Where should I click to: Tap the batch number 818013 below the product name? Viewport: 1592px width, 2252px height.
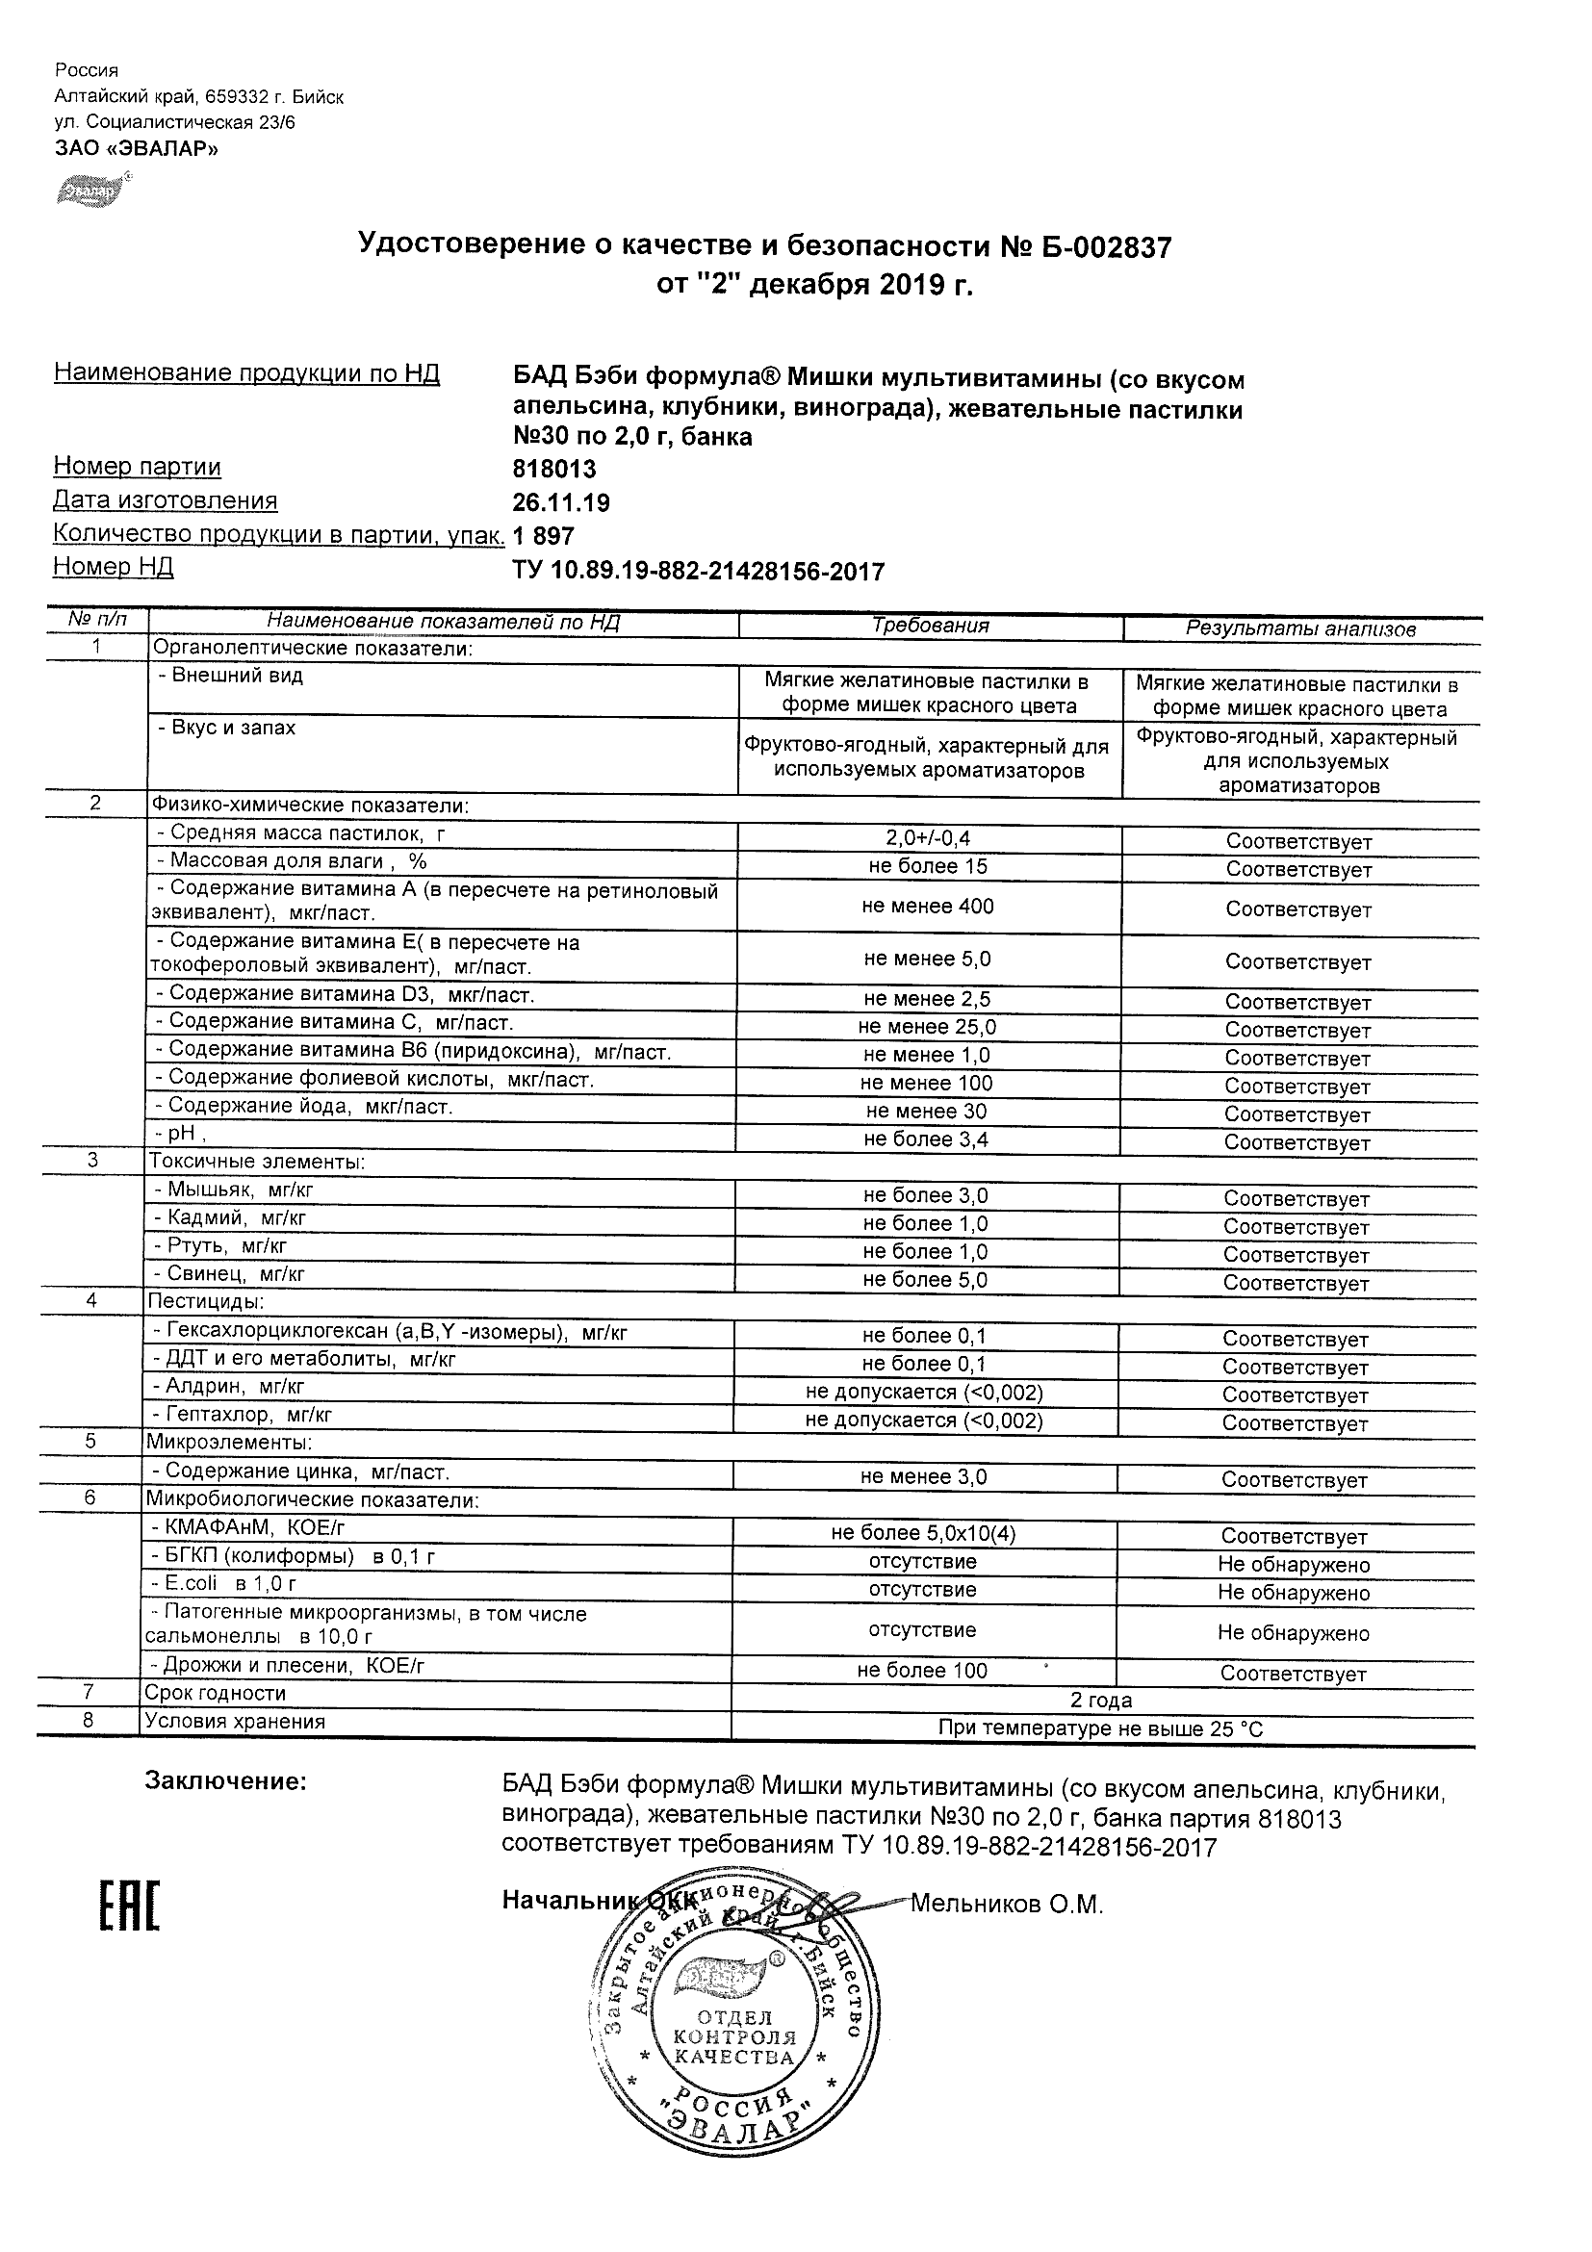tap(554, 470)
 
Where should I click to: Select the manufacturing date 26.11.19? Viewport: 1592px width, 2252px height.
tap(561, 503)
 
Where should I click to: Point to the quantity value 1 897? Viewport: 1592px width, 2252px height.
tap(544, 536)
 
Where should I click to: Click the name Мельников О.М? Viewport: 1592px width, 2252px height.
tap(1007, 1905)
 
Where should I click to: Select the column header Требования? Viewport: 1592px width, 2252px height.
tap(930, 626)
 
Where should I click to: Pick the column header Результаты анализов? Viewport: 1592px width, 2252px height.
tap(1300, 629)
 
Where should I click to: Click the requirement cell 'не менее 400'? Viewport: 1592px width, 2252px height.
tap(928, 907)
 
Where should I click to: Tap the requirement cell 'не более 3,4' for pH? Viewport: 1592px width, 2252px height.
tap(926, 1139)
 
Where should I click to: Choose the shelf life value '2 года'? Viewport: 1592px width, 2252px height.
tap(1101, 1701)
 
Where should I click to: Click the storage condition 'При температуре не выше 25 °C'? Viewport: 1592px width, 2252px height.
tap(1100, 1729)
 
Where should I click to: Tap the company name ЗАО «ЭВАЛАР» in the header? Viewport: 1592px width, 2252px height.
tap(137, 149)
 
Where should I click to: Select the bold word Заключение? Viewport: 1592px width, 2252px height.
tap(225, 1782)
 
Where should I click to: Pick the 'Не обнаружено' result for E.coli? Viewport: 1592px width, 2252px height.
tap(1294, 1593)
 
